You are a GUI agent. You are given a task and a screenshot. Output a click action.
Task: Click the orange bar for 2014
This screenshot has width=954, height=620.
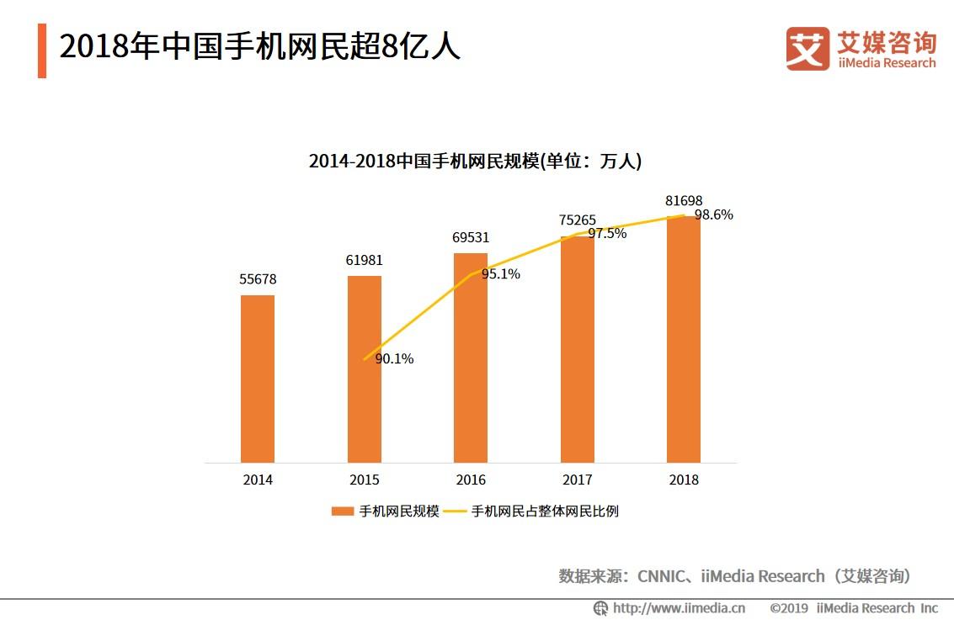click(x=258, y=379)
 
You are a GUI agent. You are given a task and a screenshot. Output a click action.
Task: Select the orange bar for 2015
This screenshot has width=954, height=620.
click(x=365, y=369)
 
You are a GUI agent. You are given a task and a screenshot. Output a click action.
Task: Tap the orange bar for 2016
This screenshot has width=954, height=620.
click(x=471, y=358)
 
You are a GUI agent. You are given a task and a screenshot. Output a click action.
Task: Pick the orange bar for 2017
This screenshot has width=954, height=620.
click(x=578, y=349)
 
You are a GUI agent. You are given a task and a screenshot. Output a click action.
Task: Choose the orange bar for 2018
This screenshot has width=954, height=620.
click(x=684, y=339)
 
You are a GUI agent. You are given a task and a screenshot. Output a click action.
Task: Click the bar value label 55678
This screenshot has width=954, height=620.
click(x=258, y=279)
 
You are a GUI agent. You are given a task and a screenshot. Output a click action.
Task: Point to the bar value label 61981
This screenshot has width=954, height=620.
click(x=365, y=260)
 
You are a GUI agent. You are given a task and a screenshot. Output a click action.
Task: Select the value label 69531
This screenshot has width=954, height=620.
click(x=471, y=237)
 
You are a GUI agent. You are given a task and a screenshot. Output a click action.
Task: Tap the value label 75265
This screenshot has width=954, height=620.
click(x=578, y=220)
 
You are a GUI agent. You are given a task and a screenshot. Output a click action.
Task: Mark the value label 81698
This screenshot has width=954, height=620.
click(x=684, y=200)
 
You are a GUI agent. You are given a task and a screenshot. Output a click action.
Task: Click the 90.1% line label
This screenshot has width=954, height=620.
click(x=394, y=358)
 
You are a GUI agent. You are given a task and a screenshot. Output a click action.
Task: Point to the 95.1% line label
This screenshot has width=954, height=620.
click(x=501, y=274)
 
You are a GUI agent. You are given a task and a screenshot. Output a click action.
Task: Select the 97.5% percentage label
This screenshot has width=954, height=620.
click(x=607, y=233)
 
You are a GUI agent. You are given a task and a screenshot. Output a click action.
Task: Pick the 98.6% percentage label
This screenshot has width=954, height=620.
click(x=714, y=215)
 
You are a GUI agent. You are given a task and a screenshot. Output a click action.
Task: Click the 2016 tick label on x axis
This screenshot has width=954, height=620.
click(x=471, y=480)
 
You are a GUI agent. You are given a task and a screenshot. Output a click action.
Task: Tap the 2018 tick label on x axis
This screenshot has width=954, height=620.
click(x=684, y=480)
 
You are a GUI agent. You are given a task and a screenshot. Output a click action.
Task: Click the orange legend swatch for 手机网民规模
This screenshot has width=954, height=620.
click(x=343, y=511)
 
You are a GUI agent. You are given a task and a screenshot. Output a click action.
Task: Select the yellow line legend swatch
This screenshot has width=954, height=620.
click(x=455, y=511)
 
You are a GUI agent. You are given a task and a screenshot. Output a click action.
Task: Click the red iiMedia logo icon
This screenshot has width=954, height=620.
click(x=807, y=49)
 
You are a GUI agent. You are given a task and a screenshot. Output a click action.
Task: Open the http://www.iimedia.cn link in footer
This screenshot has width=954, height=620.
click(x=679, y=608)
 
